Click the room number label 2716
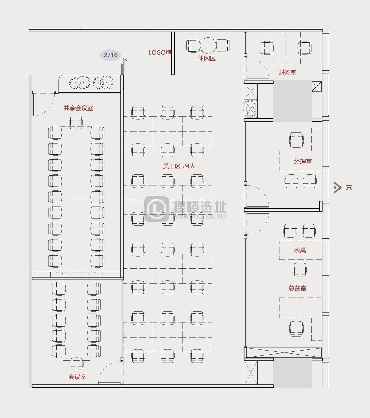click(x=111, y=55)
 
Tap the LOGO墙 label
click(x=160, y=53)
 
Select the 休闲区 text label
click(x=207, y=58)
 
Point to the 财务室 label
click(x=287, y=72)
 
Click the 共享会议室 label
click(x=78, y=108)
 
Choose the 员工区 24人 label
click(x=179, y=166)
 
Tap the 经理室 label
click(x=303, y=161)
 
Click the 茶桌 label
click(x=300, y=250)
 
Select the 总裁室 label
click(x=297, y=288)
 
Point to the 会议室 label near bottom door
click(x=77, y=377)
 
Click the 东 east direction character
click(x=349, y=187)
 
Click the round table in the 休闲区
click(x=208, y=46)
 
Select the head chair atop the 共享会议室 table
click(x=76, y=122)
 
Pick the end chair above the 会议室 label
click(x=77, y=364)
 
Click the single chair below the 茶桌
click(x=300, y=269)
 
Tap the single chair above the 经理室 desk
click(x=297, y=140)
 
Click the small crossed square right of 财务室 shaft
click(x=317, y=86)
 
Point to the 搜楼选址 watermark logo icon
click(x=157, y=209)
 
